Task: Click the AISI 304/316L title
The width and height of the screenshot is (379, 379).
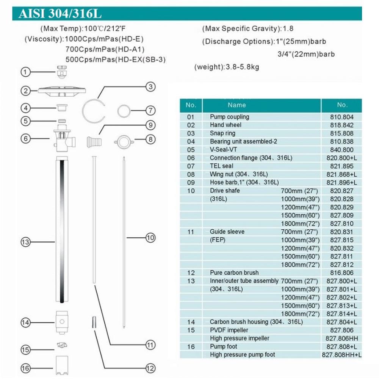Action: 60,14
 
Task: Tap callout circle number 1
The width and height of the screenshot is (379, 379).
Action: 26,72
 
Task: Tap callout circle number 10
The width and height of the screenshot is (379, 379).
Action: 150,238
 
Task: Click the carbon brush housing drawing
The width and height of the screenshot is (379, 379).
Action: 61,321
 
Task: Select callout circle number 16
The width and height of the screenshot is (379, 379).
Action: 26,368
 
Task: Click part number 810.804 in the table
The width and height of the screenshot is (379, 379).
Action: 342,117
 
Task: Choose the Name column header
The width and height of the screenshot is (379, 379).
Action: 237,105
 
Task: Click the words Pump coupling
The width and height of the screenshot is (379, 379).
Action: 230,117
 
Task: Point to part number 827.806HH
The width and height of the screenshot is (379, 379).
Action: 342,338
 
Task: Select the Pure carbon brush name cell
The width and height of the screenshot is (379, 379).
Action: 234,273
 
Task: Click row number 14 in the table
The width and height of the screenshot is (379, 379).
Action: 191,322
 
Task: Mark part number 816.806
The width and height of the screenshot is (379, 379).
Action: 342,273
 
